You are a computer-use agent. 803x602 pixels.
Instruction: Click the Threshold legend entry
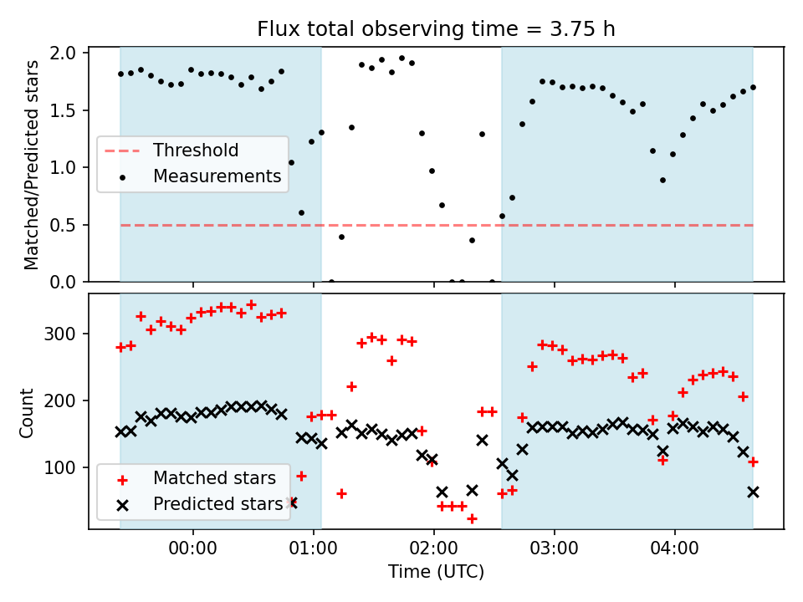(x=195, y=150)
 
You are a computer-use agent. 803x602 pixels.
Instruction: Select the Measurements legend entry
(x=217, y=176)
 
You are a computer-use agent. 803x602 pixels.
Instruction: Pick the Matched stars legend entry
(x=213, y=478)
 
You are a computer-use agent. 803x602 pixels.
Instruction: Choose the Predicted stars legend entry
(x=217, y=504)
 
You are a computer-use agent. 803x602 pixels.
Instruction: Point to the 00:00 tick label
(x=193, y=551)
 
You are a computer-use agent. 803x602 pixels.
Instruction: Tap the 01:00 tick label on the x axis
(x=314, y=551)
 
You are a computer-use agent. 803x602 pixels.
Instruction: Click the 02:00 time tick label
(x=434, y=551)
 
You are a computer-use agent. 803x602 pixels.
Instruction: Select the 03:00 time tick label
(x=555, y=551)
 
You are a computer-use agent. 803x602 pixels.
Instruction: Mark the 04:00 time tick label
(x=675, y=551)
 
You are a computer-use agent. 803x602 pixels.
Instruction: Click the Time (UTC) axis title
(x=436, y=574)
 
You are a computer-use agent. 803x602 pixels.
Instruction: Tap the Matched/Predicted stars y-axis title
(x=31, y=165)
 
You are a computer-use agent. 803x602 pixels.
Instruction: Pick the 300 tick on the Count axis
(x=64, y=334)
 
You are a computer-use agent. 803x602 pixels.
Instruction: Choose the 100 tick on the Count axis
(x=64, y=467)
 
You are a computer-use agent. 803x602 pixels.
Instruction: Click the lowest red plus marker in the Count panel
(x=472, y=519)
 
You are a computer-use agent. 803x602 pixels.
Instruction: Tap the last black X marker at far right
(x=753, y=492)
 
